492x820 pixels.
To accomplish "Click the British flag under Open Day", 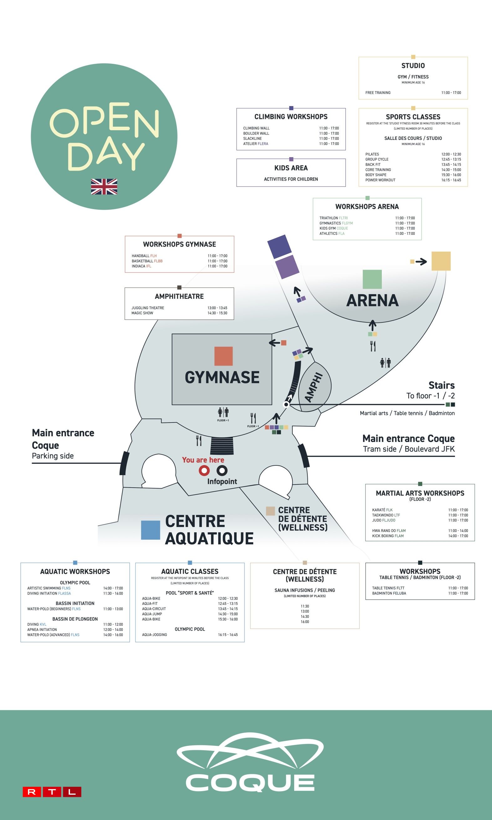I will click(104, 187).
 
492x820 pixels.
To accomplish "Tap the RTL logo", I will click(52, 792).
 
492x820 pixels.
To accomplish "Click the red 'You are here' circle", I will click(204, 470).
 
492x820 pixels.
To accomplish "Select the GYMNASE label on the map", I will click(222, 377).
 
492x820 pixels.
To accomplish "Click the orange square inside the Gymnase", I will click(223, 356).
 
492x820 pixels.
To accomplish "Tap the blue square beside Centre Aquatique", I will click(151, 530).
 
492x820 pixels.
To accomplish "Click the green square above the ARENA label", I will click(372, 279).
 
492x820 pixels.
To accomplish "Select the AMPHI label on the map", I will click(314, 387).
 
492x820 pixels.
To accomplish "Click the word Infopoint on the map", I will click(222, 481).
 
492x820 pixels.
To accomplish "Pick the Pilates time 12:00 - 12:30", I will click(451, 154).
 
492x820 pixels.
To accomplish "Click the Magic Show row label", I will click(142, 313).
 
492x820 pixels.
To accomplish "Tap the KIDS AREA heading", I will click(291, 168).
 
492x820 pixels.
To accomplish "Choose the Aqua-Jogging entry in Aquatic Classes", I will click(155, 635).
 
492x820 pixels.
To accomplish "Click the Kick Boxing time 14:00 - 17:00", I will click(458, 536).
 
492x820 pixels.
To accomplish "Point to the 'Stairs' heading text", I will click(441, 385).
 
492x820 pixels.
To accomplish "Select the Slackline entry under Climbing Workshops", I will click(252, 139).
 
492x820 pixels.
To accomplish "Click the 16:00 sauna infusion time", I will click(305, 622).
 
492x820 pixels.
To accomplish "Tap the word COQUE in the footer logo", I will click(250, 783).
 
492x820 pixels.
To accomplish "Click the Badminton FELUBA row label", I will click(389, 593).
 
